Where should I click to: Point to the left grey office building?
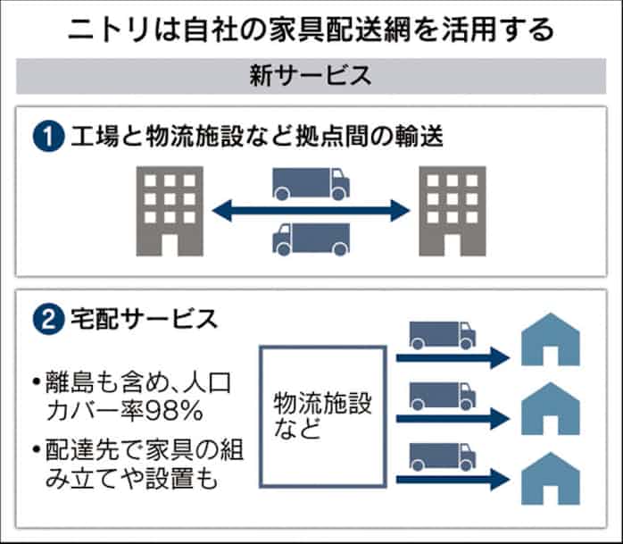(169, 210)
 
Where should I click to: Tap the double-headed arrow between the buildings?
(311, 211)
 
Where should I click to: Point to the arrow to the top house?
(451, 357)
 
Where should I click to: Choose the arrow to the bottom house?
(451, 479)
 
